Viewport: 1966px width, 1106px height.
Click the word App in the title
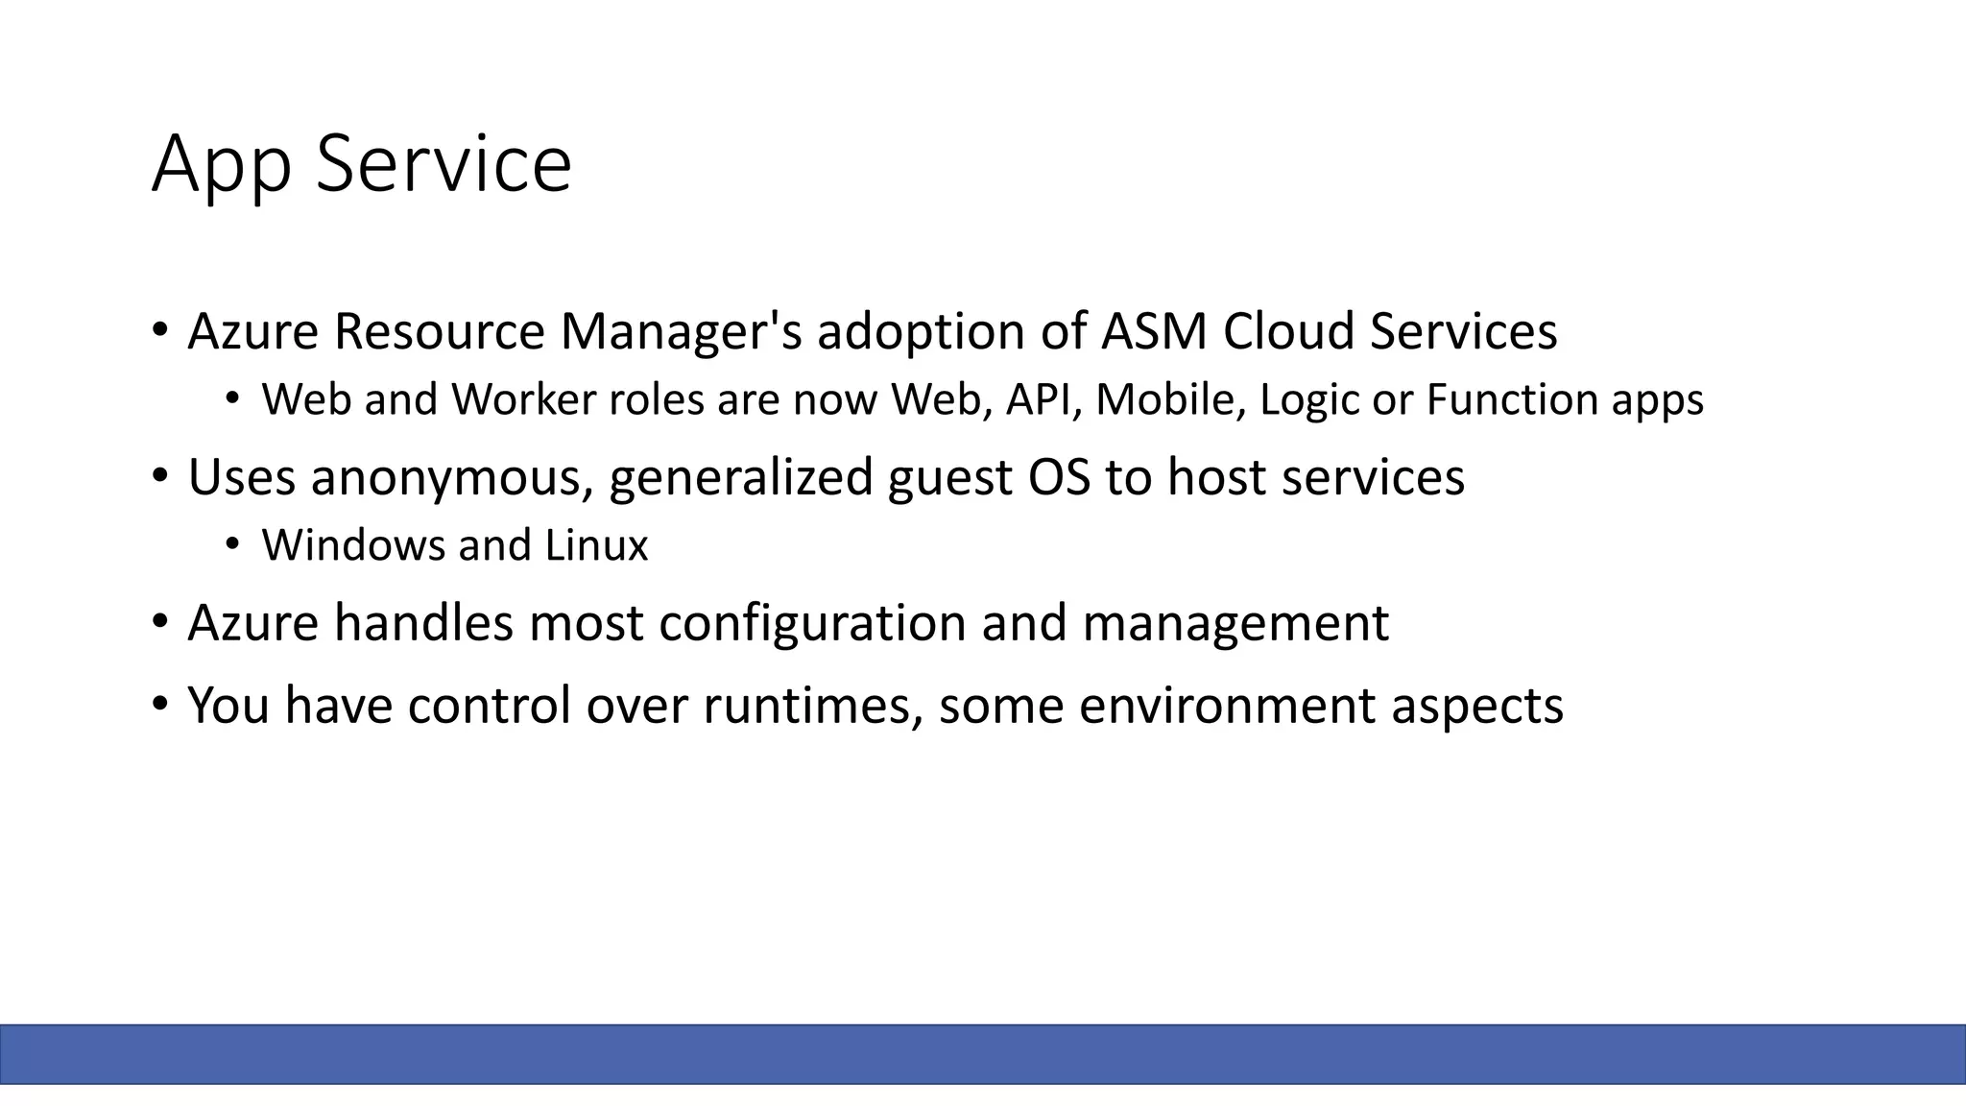click(221, 165)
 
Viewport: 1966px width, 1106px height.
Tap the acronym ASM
click(1152, 331)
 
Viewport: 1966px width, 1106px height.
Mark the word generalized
click(740, 478)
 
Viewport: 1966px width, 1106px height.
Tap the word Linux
click(596, 545)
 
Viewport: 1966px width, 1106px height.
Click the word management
click(1235, 624)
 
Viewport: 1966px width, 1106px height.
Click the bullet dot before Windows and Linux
click(231, 544)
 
